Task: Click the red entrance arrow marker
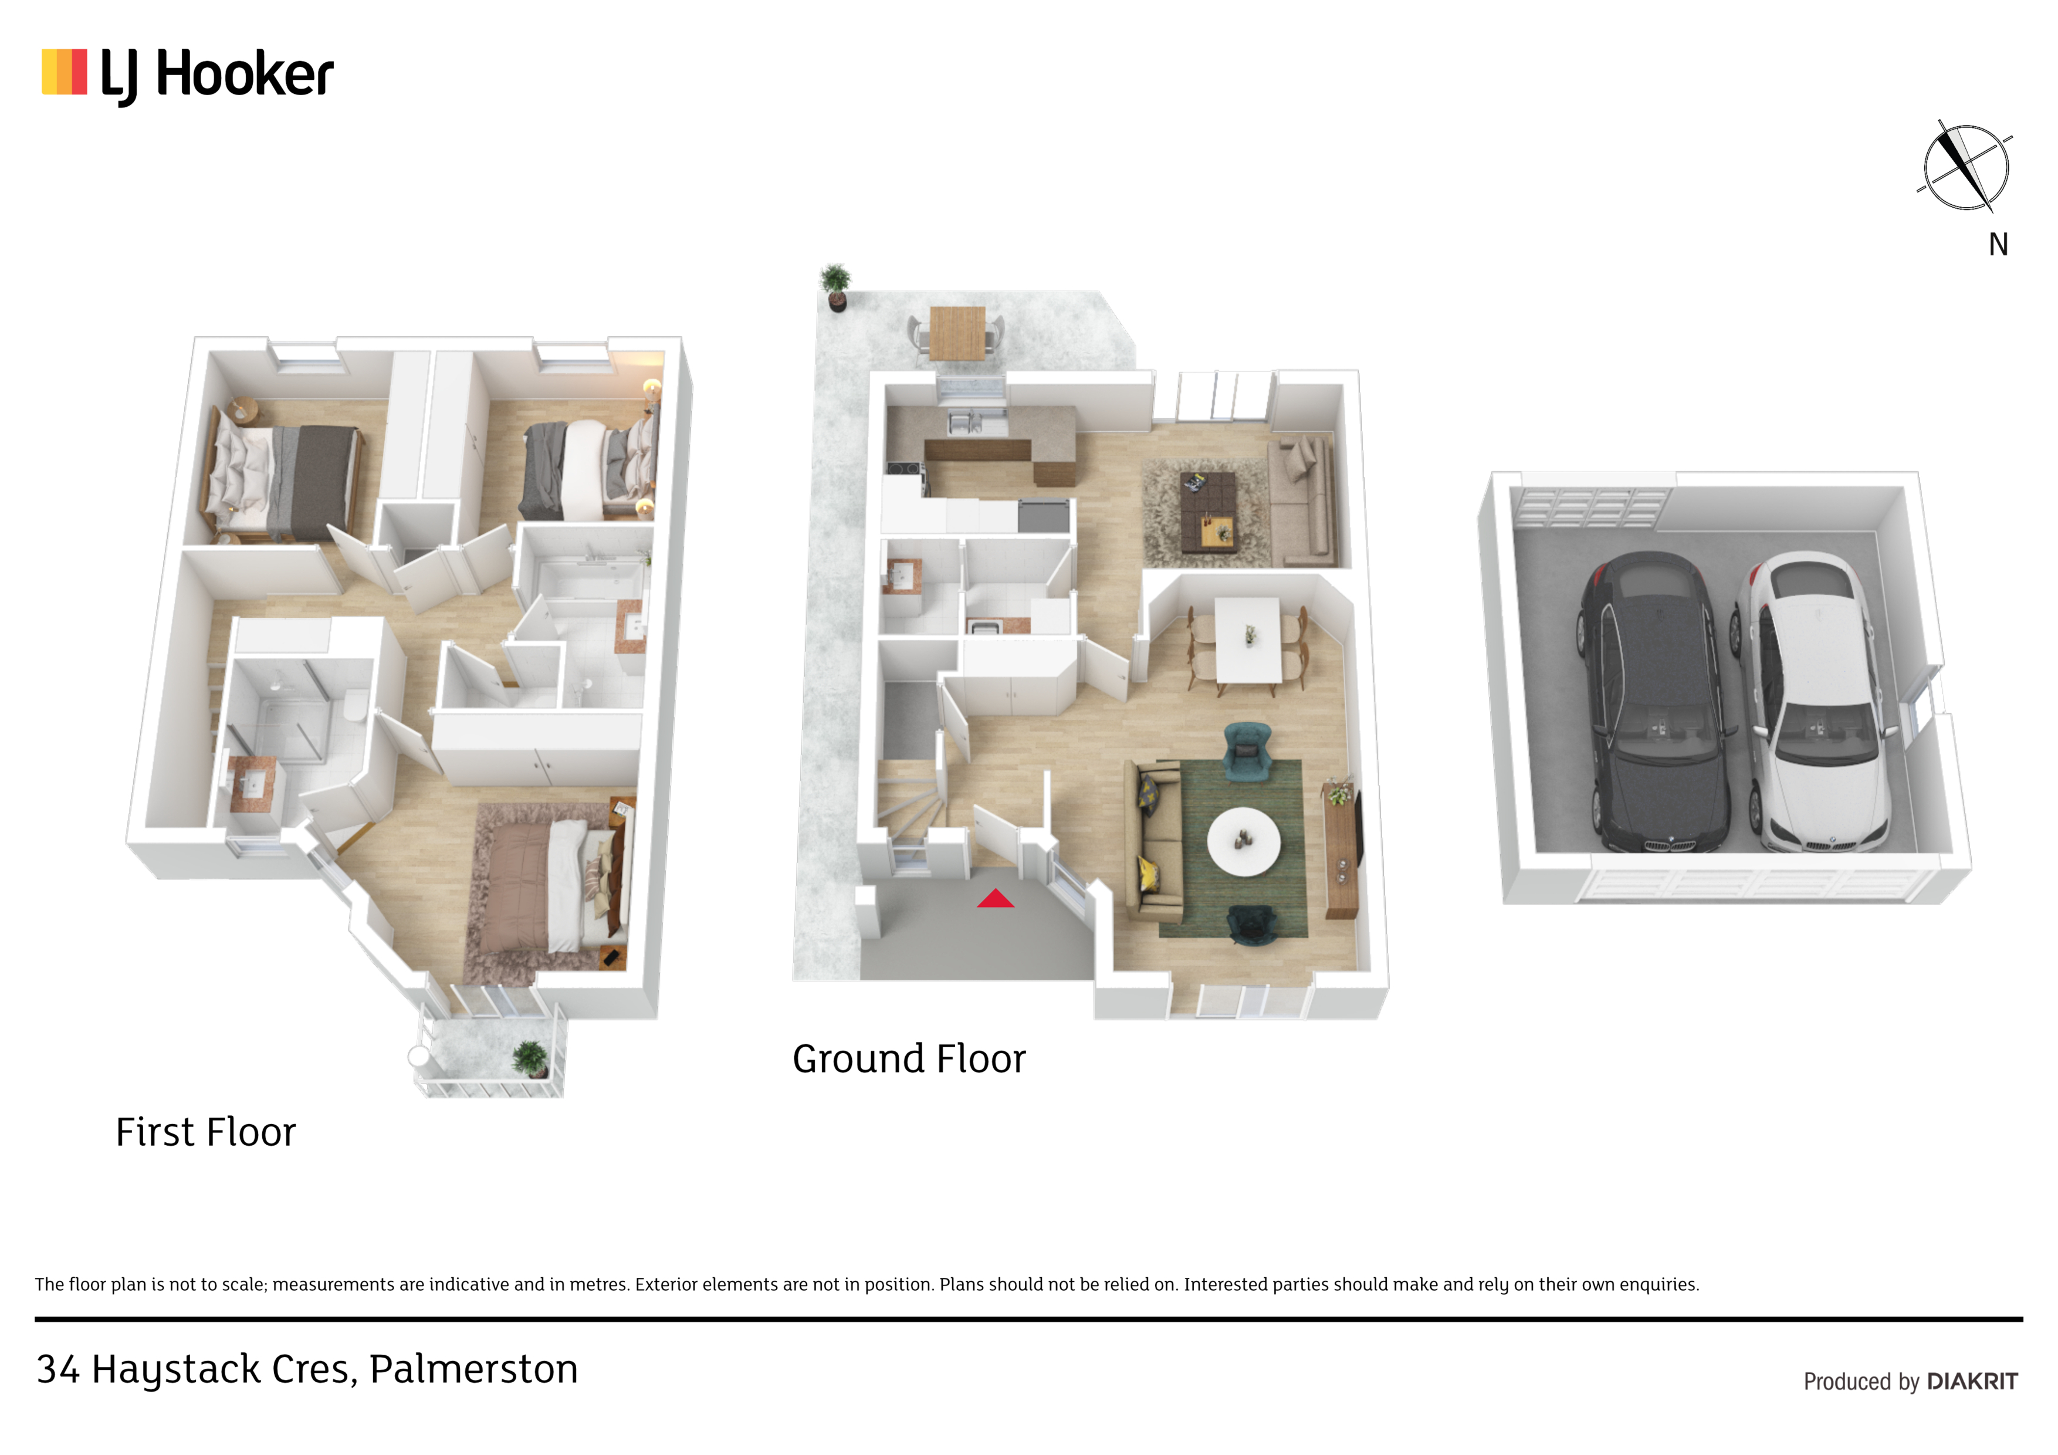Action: tap(995, 898)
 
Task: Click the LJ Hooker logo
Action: tap(187, 75)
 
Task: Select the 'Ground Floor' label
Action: tap(909, 1059)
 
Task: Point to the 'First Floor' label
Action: tap(205, 1132)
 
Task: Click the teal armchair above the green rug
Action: tap(1248, 750)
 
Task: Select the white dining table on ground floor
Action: tap(1248, 640)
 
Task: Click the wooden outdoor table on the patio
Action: tap(957, 333)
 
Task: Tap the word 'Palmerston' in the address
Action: tap(473, 1369)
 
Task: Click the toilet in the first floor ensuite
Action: tap(354, 706)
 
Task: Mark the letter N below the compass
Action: tap(1998, 245)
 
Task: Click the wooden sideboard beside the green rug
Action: tap(1341, 852)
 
